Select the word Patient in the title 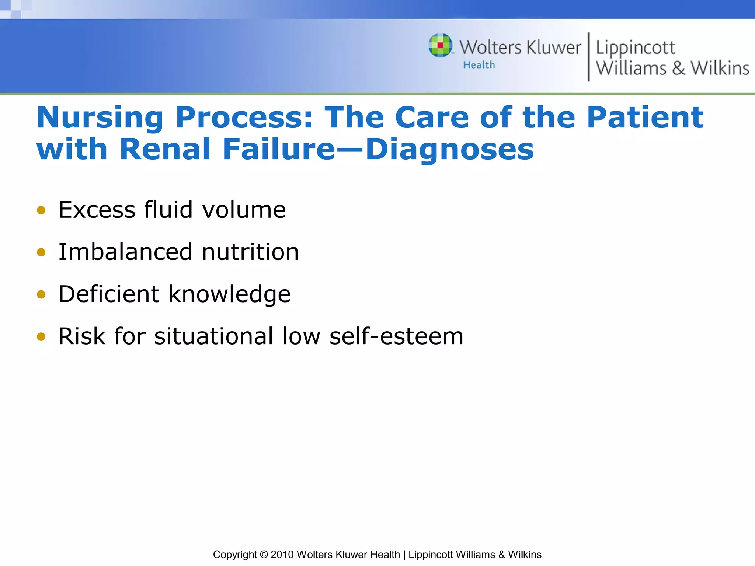[645, 118]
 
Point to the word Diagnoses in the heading [449, 150]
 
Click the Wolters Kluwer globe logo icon [440, 45]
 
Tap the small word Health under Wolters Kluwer [479, 65]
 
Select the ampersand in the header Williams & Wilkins [678, 69]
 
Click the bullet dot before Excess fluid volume [41, 210]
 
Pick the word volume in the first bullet [244, 210]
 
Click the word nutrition [250, 252]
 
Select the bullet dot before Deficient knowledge [41, 294]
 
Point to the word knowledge [230, 295]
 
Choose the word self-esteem [396, 336]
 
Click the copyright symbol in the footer [264, 555]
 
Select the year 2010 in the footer [282, 555]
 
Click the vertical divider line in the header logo [588, 57]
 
